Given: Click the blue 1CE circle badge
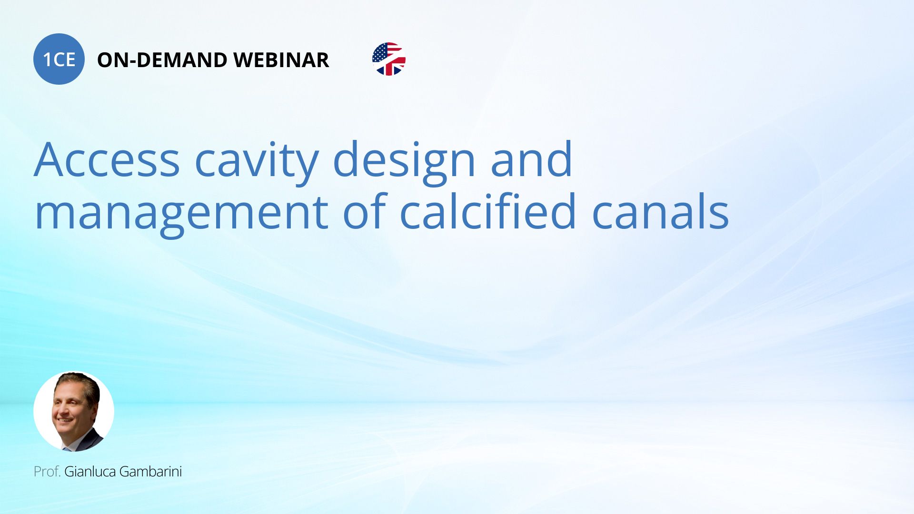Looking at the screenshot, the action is (x=59, y=59).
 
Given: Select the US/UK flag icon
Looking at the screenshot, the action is (x=389, y=59).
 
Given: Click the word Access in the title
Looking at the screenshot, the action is (x=107, y=160).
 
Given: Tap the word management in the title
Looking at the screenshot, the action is (x=181, y=213).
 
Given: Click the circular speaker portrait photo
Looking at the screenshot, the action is (x=74, y=411).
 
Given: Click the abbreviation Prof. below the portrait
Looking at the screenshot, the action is (x=47, y=472).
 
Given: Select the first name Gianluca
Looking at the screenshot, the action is (x=90, y=472).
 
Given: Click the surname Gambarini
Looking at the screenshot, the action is (x=150, y=472).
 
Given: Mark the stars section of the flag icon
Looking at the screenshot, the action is (x=380, y=52).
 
